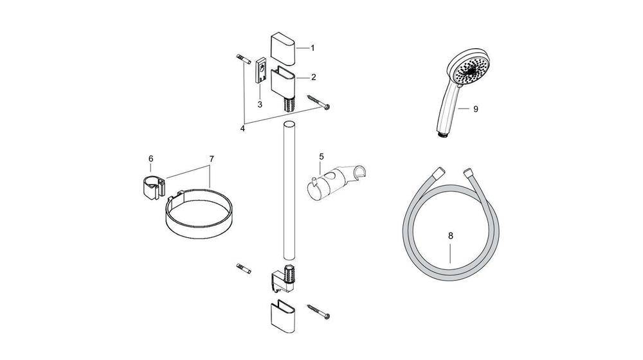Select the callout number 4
point(242,128)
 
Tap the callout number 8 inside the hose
point(451,236)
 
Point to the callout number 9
point(475,109)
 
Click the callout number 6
point(150,159)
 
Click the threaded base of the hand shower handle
point(441,134)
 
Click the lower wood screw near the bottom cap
point(318,312)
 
